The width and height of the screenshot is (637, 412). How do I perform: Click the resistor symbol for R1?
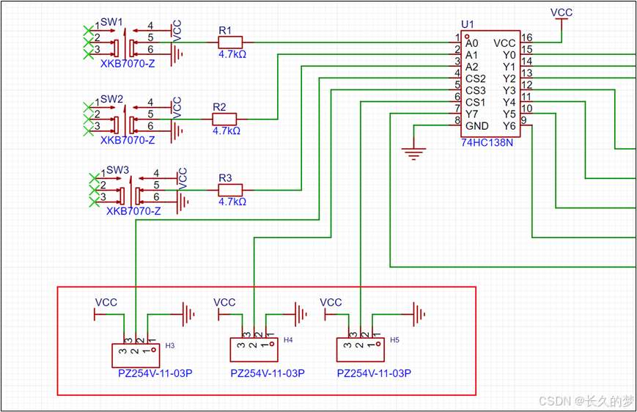(230, 43)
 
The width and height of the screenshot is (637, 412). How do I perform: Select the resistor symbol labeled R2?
(224, 119)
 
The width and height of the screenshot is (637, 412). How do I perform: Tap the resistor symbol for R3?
(230, 190)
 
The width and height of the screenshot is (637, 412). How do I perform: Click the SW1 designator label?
(111, 22)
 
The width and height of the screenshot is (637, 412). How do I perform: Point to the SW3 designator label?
(118, 170)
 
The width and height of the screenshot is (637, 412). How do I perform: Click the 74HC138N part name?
(487, 143)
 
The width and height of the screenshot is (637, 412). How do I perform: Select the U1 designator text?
(468, 24)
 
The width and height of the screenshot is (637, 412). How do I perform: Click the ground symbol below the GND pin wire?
(413, 154)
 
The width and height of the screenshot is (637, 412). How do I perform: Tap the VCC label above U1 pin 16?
(561, 12)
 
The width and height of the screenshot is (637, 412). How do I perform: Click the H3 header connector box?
(136, 356)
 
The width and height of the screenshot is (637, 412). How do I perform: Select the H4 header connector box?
(254, 350)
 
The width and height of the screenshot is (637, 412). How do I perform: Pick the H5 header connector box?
(361, 350)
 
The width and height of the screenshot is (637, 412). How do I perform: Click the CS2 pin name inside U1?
(475, 78)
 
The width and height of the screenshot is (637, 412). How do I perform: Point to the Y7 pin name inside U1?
(471, 114)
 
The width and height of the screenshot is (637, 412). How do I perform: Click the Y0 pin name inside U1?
(509, 55)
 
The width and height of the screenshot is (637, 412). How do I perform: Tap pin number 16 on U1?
(526, 37)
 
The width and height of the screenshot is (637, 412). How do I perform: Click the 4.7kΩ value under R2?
(227, 130)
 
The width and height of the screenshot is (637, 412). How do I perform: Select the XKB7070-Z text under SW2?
(128, 140)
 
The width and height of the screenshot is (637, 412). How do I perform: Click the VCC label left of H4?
(224, 302)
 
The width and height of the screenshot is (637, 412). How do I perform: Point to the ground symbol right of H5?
(419, 314)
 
